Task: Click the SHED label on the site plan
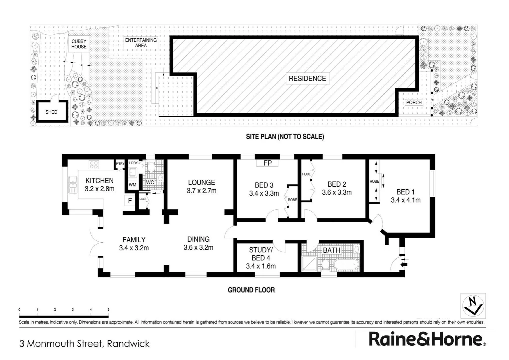(x=51, y=112)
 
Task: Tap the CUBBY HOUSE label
(x=79, y=44)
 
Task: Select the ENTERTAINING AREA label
(x=141, y=43)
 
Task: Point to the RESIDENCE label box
(x=307, y=78)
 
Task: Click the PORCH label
(x=414, y=102)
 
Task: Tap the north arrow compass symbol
(x=473, y=306)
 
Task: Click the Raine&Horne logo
(x=427, y=339)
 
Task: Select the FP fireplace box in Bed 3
(x=267, y=163)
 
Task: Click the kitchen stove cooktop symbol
(x=94, y=164)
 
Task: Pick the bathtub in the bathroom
(x=346, y=264)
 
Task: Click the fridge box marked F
(x=130, y=201)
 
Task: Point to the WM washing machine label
(x=133, y=185)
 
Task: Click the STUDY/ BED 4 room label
(x=261, y=254)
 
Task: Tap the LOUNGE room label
(x=202, y=182)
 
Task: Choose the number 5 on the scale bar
(x=108, y=310)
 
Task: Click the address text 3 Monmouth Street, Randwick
(x=85, y=344)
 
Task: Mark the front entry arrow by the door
(x=404, y=264)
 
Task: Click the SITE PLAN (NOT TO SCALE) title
(x=285, y=136)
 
